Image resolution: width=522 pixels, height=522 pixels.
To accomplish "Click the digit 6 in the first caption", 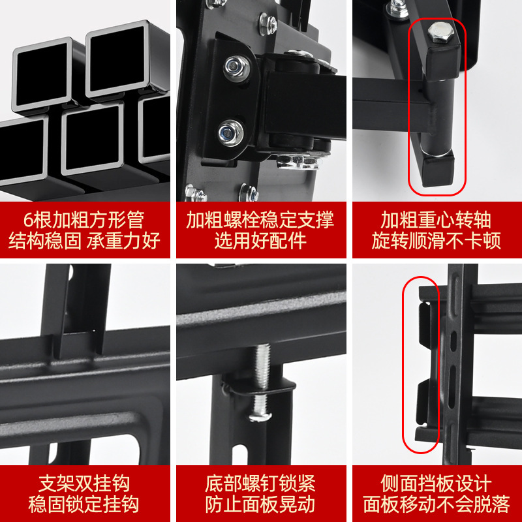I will click(26, 219).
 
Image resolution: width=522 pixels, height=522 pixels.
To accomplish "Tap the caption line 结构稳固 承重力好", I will click(84, 241).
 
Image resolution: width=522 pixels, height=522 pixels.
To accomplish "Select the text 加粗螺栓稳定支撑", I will click(260, 219).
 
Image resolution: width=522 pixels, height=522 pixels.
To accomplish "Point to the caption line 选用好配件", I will click(260, 241).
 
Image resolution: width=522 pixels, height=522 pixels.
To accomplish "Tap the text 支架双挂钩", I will click(84, 484).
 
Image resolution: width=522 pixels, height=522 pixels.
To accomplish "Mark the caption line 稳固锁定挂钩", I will click(84, 505).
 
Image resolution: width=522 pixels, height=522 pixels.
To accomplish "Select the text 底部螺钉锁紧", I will click(260, 484).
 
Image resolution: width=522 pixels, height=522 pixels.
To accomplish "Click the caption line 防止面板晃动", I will click(260, 505).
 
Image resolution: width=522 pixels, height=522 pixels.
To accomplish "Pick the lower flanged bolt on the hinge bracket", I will click(230, 131).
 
